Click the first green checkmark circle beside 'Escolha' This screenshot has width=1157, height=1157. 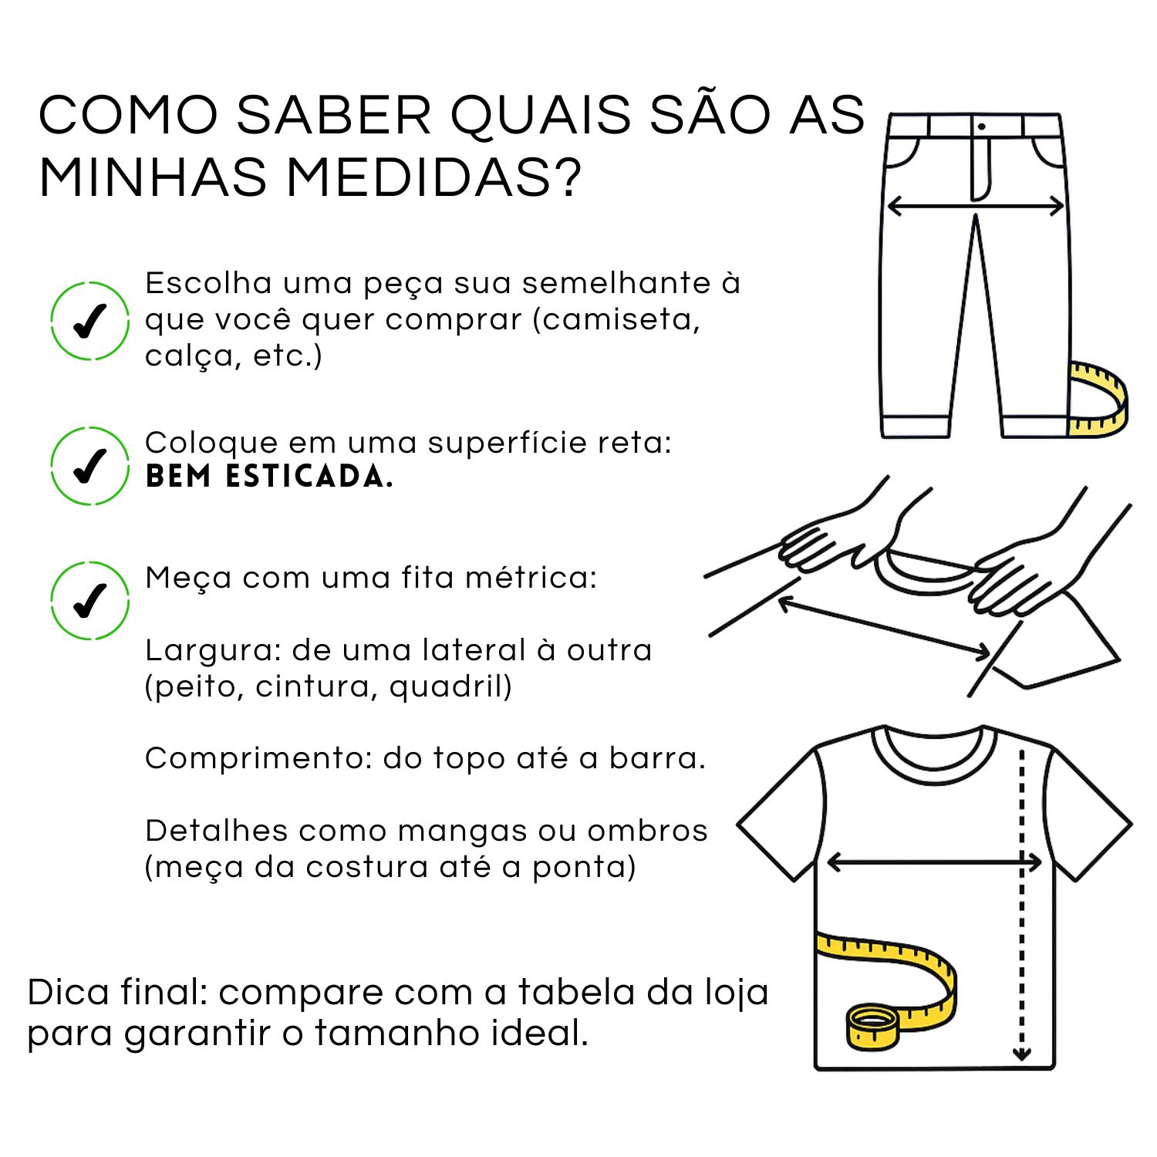click(x=89, y=322)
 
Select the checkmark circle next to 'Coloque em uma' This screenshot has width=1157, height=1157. click(x=89, y=465)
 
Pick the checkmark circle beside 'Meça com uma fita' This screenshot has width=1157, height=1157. click(x=89, y=601)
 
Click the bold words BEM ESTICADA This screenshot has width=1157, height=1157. click(x=269, y=477)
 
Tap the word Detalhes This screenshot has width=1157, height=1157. click(x=217, y=831)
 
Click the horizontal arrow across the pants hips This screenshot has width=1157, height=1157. click(x=976, y=206)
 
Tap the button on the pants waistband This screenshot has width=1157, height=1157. click(x=981, y=126)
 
